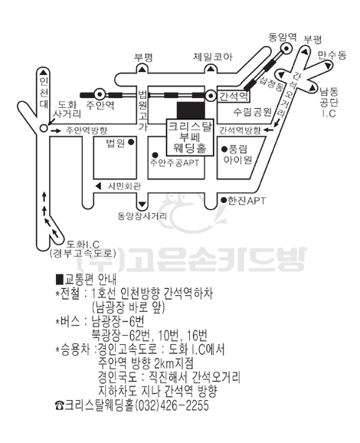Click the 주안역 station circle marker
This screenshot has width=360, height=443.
pos(100,94)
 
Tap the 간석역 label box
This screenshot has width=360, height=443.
pos(234,97)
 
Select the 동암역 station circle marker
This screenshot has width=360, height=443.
pos(286,48)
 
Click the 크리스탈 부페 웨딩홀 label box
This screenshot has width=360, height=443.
pos(190,137)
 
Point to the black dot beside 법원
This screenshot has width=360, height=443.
pos(131,143)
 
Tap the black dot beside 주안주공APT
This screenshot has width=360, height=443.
pos(155,155)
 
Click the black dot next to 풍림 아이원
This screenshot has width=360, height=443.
pos(224,149)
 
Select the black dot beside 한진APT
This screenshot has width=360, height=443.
pos(224,200)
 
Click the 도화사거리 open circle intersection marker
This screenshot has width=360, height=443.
pos(43,128)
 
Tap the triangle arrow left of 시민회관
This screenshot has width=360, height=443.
pos(98,186)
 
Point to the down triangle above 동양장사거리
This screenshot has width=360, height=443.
pos(142,205)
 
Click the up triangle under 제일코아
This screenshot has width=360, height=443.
pos(211,68)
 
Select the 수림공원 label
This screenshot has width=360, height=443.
pos(252,112)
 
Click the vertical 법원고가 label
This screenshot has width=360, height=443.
pos(142,110)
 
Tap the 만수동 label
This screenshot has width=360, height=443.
pos(332,55)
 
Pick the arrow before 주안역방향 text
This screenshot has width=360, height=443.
pos(55,130)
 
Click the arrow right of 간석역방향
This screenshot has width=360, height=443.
pos(269,130)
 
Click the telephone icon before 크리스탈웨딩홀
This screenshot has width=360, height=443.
pos(60,405)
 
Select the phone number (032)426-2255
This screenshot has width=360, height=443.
pos(172,405)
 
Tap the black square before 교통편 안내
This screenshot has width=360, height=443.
pos(61,279)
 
